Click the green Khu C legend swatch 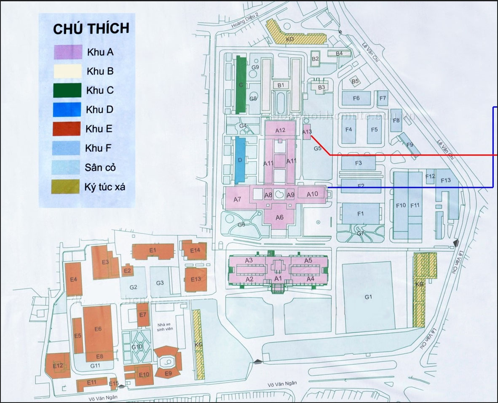[x=67, y=90]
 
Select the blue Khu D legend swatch [x=67, y=109]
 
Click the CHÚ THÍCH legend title [x=91, y=29]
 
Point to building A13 [x=307, y=132]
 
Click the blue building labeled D [x=240, y=160]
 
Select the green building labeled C [x=241, y=84]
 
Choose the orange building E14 [x=194, y=251]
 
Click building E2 [x=128, y=270]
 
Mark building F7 [x=383, y=98]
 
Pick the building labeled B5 [x=355, y=81]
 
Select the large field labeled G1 [x=368, y=297]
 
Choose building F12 [x=430, y=177]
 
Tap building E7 [x=143, y=315]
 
